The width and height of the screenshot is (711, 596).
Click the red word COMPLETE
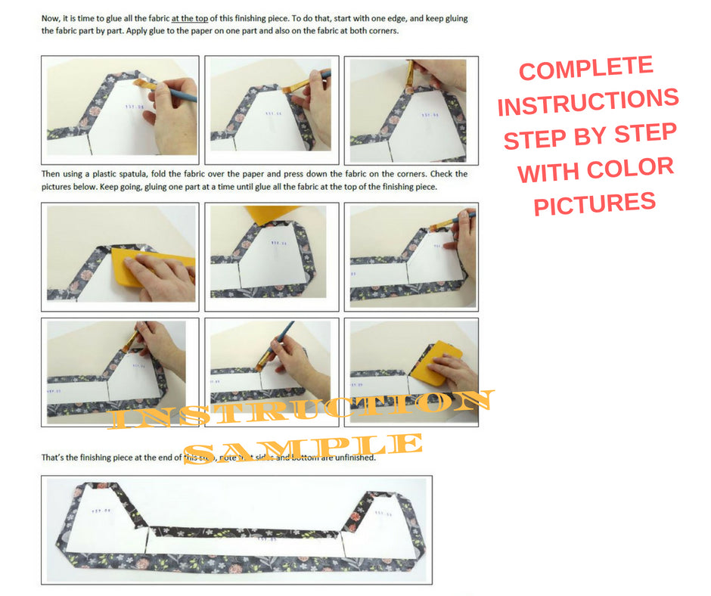(586, 69)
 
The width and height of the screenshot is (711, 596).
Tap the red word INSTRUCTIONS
(588, 102)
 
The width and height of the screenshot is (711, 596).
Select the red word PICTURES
(595, 202)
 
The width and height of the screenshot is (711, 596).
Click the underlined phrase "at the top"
(190, 17)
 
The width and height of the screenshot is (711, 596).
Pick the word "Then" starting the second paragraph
(52, 174)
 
